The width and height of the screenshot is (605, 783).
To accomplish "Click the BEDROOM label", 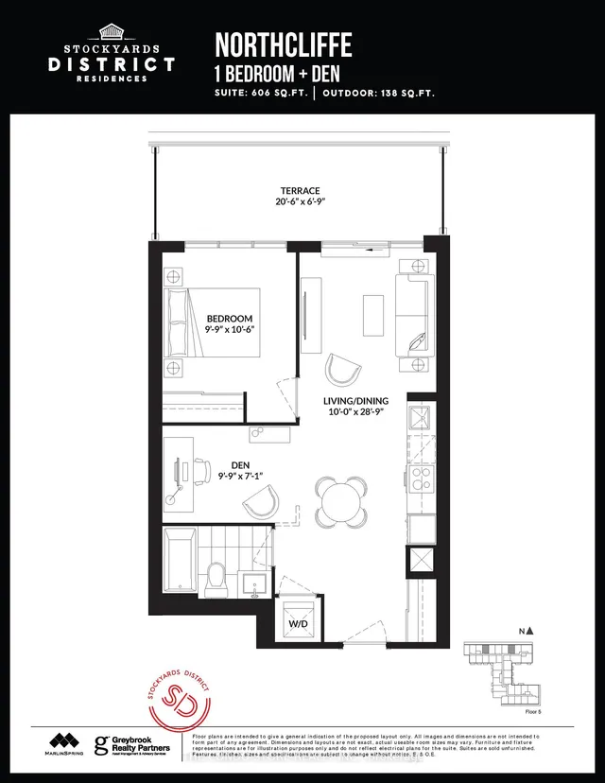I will [231, 319].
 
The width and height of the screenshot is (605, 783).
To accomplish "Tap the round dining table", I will [340, 498].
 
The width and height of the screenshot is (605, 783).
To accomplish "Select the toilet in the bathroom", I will [216, 576].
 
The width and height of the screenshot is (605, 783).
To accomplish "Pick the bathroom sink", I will [253, 582].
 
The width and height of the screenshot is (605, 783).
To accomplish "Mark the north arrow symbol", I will [531, 629].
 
